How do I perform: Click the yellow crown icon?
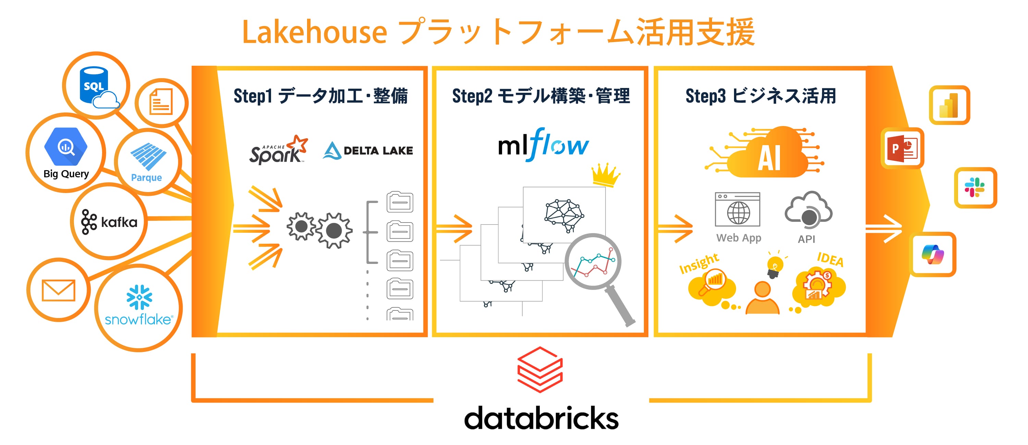pyautogui.click(x=605, y=174)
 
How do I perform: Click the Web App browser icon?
pyautogui.click(x=737, y=210)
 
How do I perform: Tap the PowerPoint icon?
pyautogui.click(x=902, y=148)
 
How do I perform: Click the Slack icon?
pyautogui.click(x=975, y=187)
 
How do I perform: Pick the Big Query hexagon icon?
pyautogui.click(x=66, y=147)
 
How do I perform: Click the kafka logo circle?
pyautogui.click(x=109, y=222)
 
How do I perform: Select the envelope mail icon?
pyautogui.click(x=58, y=290)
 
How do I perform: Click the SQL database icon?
pyautogui.click(x=96, y=85)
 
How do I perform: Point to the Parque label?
pyautogui.click(x=146, y=177)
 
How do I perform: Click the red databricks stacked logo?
pyautogui.click(x=540, y=369)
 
